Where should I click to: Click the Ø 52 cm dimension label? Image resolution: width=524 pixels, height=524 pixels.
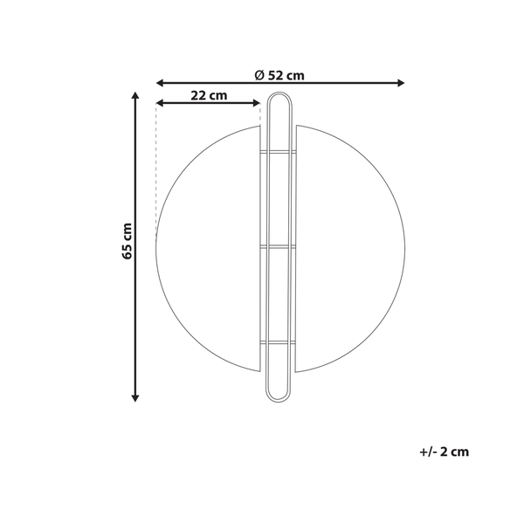click(x=279, y=74)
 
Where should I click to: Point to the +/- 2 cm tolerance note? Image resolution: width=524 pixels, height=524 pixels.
click(x=445, y=452)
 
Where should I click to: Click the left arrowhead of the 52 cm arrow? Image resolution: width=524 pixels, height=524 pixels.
click(x=160, y=83)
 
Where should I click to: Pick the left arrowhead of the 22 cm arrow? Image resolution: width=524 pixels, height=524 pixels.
click(x=160, y=104)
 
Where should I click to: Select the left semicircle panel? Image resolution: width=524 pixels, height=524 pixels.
click(x=210, y=249)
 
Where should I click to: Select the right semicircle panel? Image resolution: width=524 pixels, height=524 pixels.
click(x=349, y=249)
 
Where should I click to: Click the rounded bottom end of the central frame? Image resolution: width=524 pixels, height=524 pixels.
click(x=279, y=398)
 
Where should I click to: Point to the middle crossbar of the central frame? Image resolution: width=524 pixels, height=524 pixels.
click(x=279, y=249)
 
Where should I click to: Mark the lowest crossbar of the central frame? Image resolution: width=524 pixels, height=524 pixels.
click(x=279, y=343)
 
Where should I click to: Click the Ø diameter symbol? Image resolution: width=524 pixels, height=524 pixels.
click(x=259, y=74)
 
